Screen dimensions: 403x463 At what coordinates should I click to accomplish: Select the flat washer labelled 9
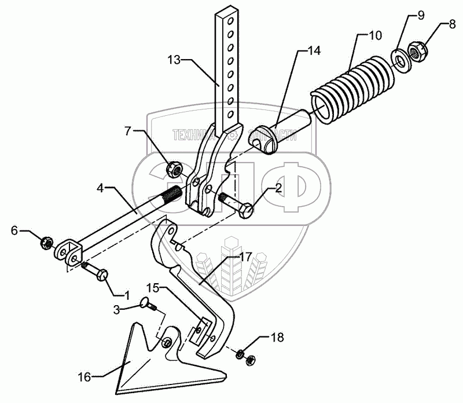point(399,59)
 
